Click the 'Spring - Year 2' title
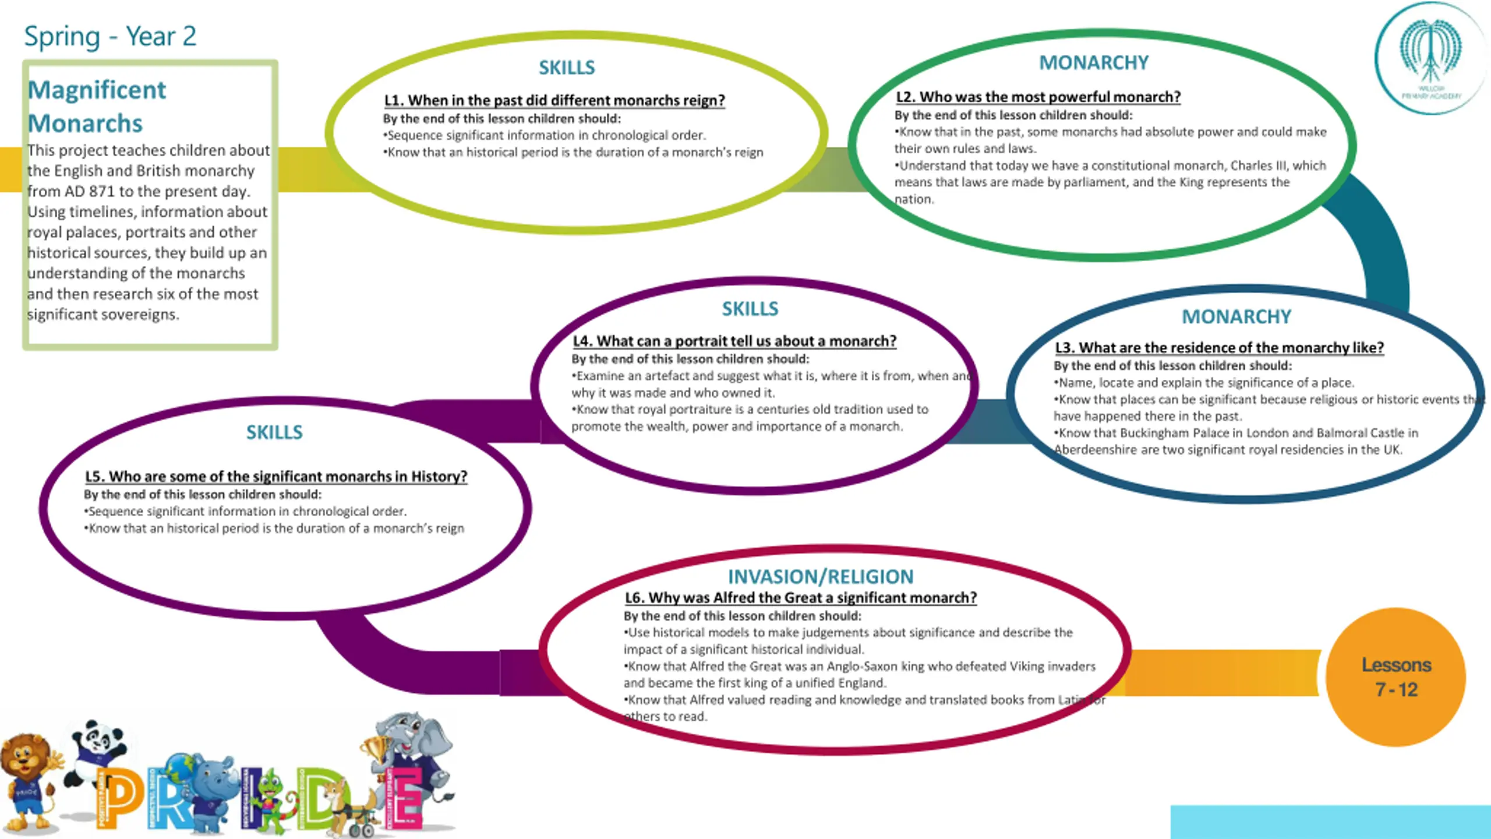coord(110,36)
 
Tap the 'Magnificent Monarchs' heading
coord(97,106)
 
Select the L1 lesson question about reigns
coord(554,100)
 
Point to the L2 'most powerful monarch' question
coord(1038,97)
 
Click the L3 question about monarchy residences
coord(1219,348)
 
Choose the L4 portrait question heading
coord(734,341)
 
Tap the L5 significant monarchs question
coord(276,477)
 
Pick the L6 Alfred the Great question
coord(801,598)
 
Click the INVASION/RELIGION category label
coord(821,576)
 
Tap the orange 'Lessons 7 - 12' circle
coord(1396,677)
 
